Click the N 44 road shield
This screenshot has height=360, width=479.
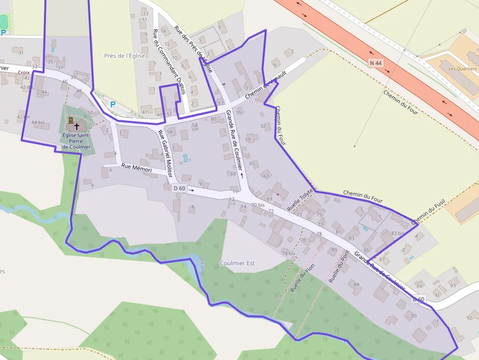coord(376,63)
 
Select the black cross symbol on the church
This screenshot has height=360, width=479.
coord(76,126)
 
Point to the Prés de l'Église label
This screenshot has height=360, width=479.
coord(125,56)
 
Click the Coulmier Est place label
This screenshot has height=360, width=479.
coord(238,263)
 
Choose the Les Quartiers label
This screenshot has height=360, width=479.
coord(462,69)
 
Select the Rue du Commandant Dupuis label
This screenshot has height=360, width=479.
coord(169,61)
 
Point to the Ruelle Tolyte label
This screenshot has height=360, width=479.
coord(299,200)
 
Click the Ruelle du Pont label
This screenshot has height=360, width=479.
coord(339,267)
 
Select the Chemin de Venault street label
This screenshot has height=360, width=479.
coord(265,84)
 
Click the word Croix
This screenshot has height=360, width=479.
coord(24,72)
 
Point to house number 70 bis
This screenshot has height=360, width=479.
coord(258,205)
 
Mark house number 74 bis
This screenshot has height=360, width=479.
coord(288,253)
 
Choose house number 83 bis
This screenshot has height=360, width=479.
coord(398,233)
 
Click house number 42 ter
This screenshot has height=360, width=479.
coord(23,117)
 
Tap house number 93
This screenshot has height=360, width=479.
coord(453,285)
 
